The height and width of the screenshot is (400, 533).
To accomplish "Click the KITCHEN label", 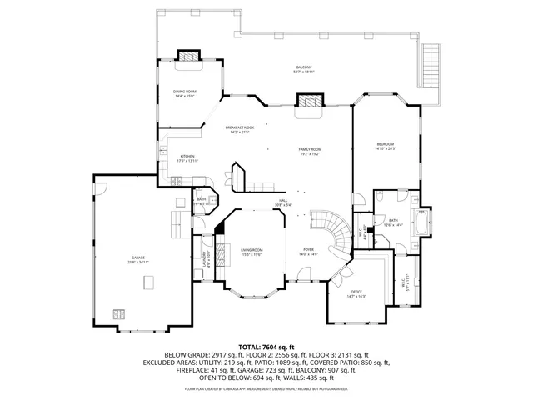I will pyautogui.click(x=187, y=157).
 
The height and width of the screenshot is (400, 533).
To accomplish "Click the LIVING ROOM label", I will pyautogui.click(x=252, y=251).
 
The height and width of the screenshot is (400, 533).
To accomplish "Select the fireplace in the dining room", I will pyautogui.click(x=191, y=57).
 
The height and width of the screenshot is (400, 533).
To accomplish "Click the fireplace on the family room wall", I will pyautogui.click(x=310, y=102).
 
